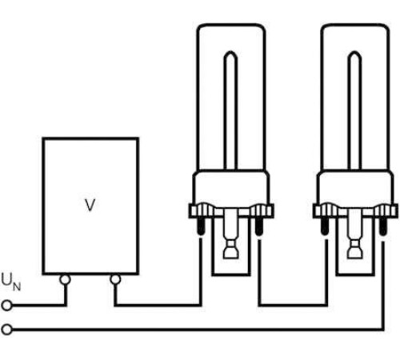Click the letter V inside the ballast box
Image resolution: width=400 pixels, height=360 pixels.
tap(90, 205)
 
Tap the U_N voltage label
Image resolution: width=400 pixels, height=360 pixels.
tap(10, 282)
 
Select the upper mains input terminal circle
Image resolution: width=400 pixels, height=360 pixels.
tap(6, 306)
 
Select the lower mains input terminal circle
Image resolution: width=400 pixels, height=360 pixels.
tap(6, 330)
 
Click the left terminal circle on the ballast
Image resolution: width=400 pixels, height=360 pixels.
tap(65, 279)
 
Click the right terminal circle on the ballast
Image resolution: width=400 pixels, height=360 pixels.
tap(115, 279)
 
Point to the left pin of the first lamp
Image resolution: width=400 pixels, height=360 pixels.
tap(201, 226)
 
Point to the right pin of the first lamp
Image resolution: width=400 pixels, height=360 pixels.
tap(258, 226)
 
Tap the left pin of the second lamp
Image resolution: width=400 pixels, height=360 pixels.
tap(325, 226)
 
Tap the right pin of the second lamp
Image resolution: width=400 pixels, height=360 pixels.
tap(382, 226)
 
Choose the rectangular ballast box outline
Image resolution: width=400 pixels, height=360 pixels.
tap(42, 206)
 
